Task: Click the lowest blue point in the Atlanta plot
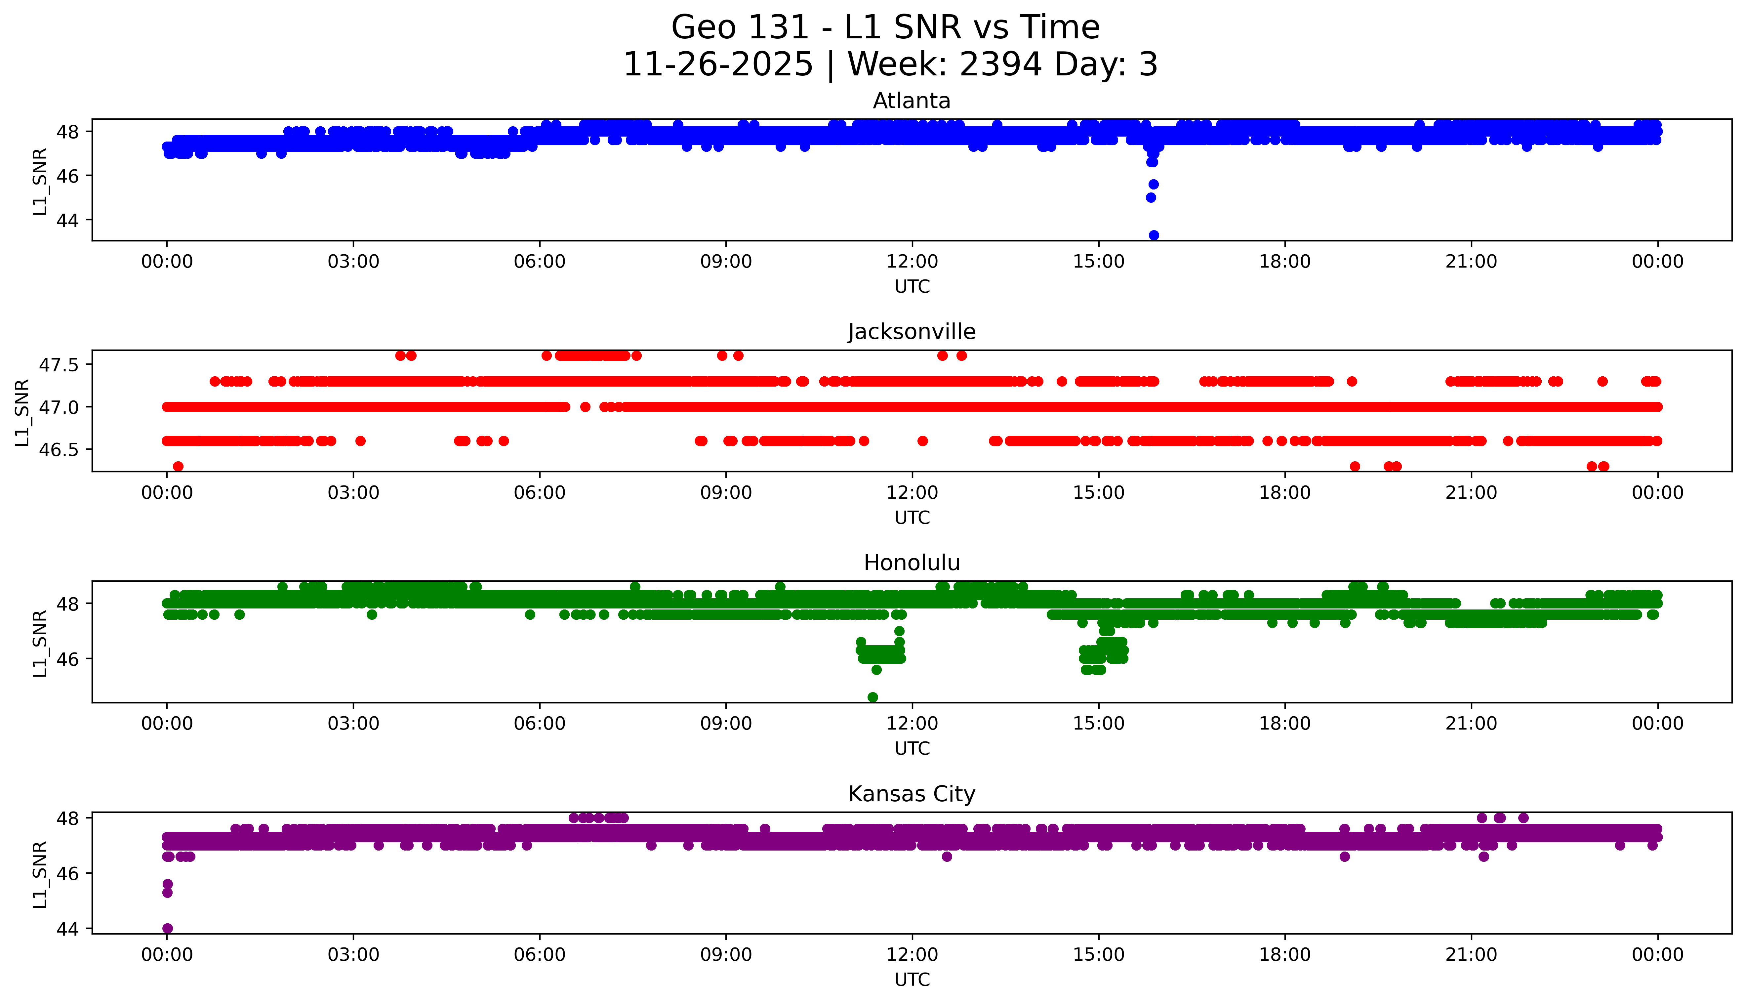[x=1154, y=235]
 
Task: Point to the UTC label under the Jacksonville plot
[x=912, y=517]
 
